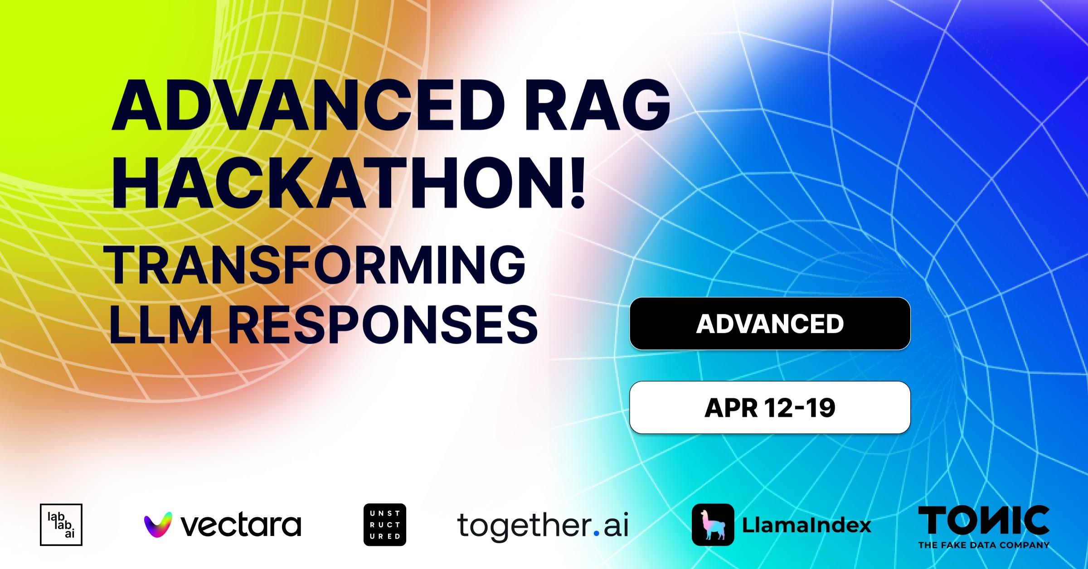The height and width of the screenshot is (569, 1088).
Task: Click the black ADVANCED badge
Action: pyautogui.click(x=770, y=323)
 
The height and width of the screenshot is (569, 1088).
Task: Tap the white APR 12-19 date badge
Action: pyautogui.click(x=770, y=408)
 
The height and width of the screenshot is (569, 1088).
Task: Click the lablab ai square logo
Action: pyautogui.click(x=61, y=524)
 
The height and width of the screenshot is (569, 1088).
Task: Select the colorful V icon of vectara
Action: pyautogui.click(x=158, y=525)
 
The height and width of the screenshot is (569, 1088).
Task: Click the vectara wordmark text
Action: pyautogui.click(x=241, y=525)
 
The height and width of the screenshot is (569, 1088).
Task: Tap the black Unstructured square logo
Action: pyautogui.click(x=385, y=524)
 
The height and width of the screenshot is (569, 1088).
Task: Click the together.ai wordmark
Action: pyautogui.click(x=542, y=525)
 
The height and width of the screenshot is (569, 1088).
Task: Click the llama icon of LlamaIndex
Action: pyautogui.click(x=713, y=525)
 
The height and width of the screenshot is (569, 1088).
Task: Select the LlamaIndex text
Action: pyautogui.click(x=806, y=525)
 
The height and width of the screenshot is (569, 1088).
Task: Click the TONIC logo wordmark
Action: pyautogui.click(x=983, y=521)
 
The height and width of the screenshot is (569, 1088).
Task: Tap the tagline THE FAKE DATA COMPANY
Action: pyautogui.click(x=984, y=545)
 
